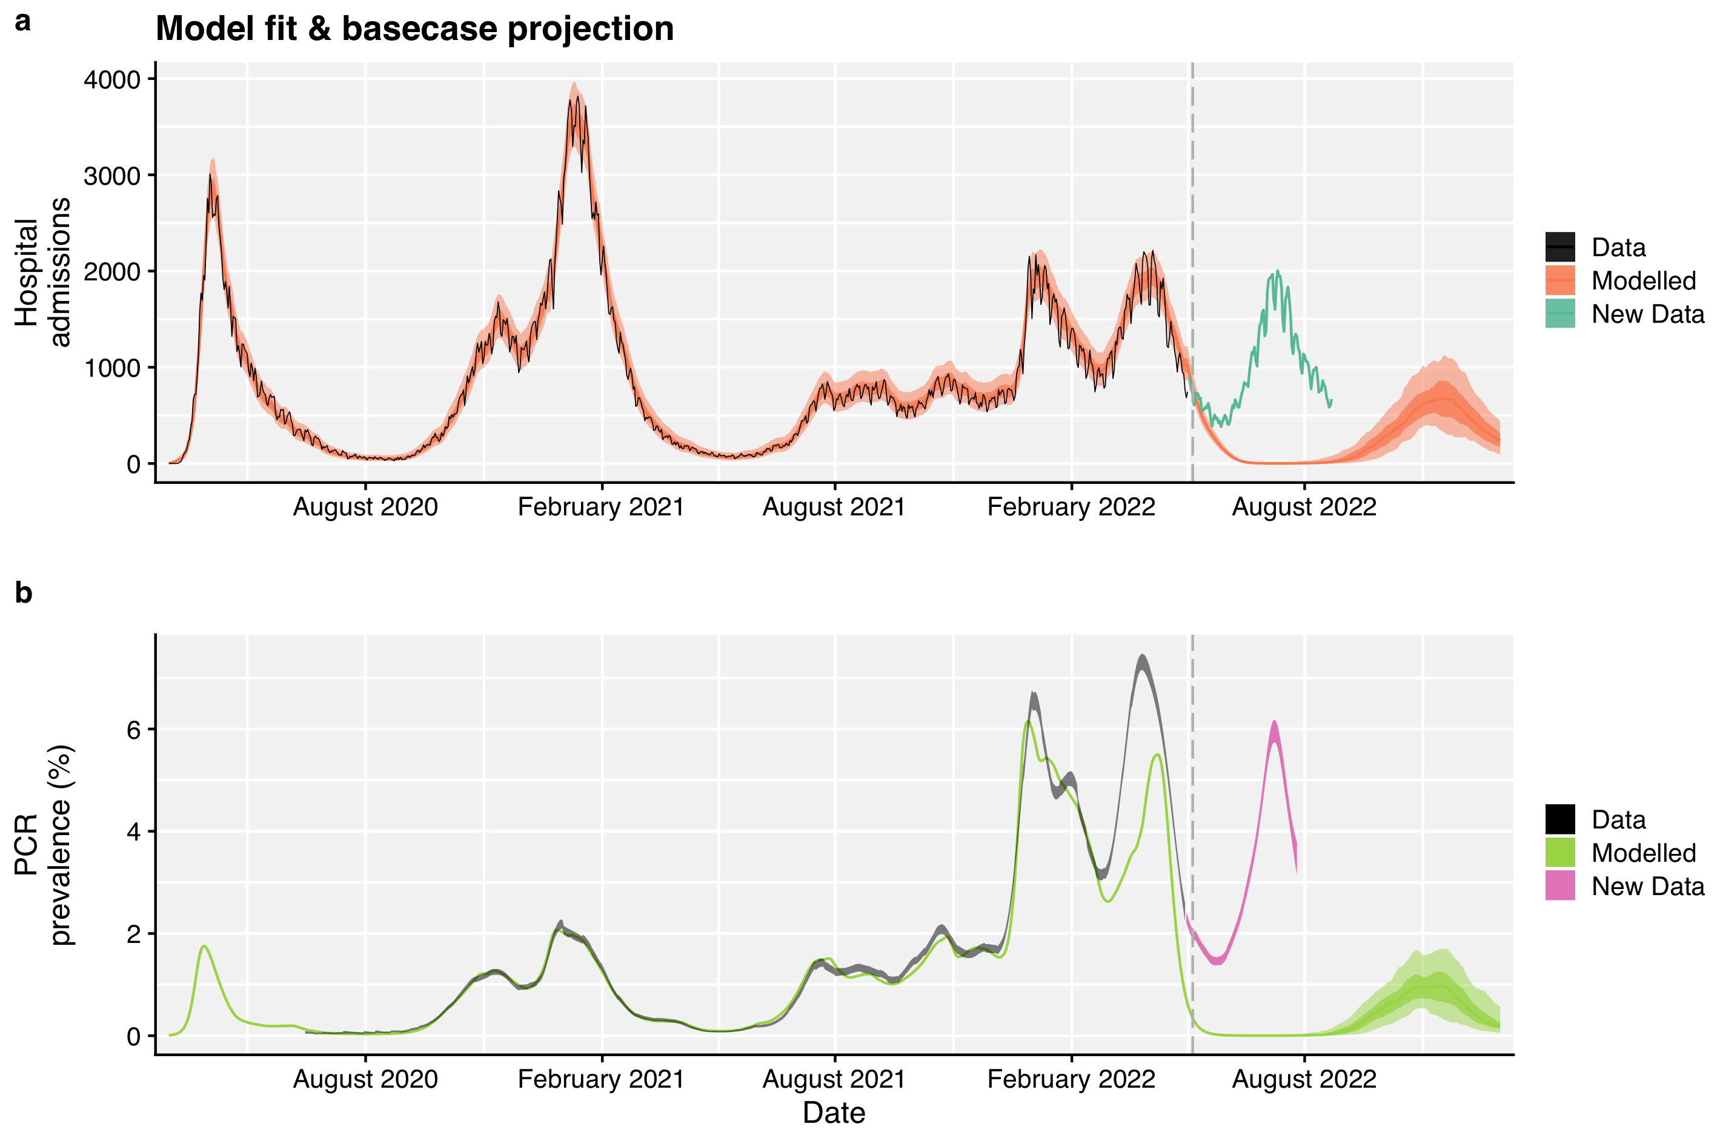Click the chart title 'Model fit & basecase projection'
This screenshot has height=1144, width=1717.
414,29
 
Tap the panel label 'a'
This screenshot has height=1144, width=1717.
24,22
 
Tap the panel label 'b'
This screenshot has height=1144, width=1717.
24,592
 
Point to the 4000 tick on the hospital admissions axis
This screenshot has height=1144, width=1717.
111,79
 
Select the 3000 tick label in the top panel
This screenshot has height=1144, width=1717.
111,176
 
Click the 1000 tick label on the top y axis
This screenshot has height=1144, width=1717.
111,368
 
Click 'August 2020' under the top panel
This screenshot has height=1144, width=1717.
365,507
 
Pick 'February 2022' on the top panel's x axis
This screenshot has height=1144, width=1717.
1071,507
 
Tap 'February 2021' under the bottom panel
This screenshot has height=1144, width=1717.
600,1079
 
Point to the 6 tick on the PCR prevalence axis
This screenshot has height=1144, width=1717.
133,730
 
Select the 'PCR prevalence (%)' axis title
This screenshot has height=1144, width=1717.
44,845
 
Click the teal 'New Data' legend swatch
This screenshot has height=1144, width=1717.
1559,314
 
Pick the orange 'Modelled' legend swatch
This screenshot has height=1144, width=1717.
1559,281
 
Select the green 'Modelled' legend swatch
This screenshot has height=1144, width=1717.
1559,853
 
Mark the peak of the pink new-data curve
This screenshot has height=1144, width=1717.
1274,722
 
